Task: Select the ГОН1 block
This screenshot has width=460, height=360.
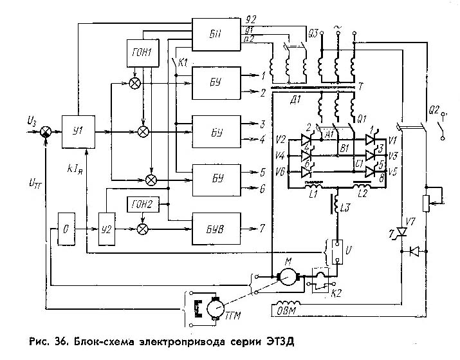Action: tap(143, 51)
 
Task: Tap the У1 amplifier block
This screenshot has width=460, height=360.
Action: tap(78, 131)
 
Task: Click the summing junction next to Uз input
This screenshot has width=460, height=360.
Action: tap(46, 131)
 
